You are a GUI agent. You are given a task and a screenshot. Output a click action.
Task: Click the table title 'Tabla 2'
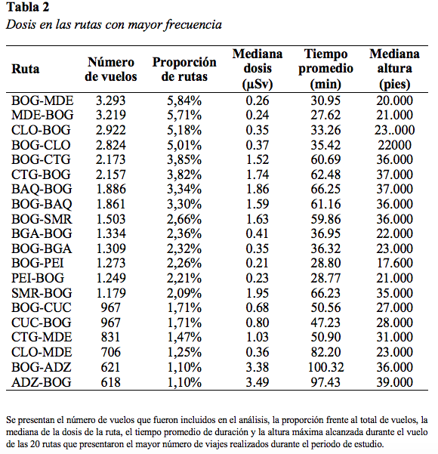(x=28, y=8)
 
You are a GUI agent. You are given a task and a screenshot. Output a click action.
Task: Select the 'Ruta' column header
(x=25, y=69)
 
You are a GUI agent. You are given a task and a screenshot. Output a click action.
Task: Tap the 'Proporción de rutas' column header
(x=184, y=69)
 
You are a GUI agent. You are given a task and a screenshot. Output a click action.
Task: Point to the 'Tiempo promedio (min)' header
(x=325, y=69)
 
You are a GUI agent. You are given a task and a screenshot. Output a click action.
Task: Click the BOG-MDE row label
(x=42, y=100)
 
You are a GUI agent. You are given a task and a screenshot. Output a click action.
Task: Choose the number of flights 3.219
(x=111, y=115)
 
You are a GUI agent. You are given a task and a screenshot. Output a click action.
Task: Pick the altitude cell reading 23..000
(x=394, y=130)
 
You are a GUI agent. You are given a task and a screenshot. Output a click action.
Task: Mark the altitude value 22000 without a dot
(x=394, y=145)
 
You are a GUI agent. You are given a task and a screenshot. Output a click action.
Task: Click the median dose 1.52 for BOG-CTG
(x=258, y=159)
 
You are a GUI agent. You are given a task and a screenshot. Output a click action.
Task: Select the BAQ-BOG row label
(x=42, y=189)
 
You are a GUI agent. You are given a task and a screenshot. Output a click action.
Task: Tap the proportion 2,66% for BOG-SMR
(x=184, y=219)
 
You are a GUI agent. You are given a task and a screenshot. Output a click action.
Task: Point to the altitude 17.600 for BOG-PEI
(x=394, y=263)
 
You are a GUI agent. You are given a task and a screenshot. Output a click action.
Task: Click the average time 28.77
(x=325, y=278)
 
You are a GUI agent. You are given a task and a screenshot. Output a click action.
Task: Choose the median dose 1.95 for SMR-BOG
(x=258, y=293)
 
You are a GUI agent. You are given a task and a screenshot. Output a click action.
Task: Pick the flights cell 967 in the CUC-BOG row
(x=110, y=323)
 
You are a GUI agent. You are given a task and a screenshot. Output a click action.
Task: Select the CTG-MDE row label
(x=42, y=337)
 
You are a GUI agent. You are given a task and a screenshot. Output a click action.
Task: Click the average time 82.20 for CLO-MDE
(x=325, y=352)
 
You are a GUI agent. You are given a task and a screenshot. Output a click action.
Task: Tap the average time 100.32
(x=325, y=367)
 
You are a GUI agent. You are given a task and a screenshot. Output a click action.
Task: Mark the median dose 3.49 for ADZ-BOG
(x=258, y=382)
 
